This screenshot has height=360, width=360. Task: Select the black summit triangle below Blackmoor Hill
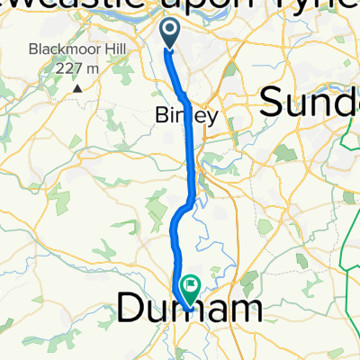point(78,87)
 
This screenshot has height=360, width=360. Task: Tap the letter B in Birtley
point(163,117)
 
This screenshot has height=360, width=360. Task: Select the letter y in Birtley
point(212,119)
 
